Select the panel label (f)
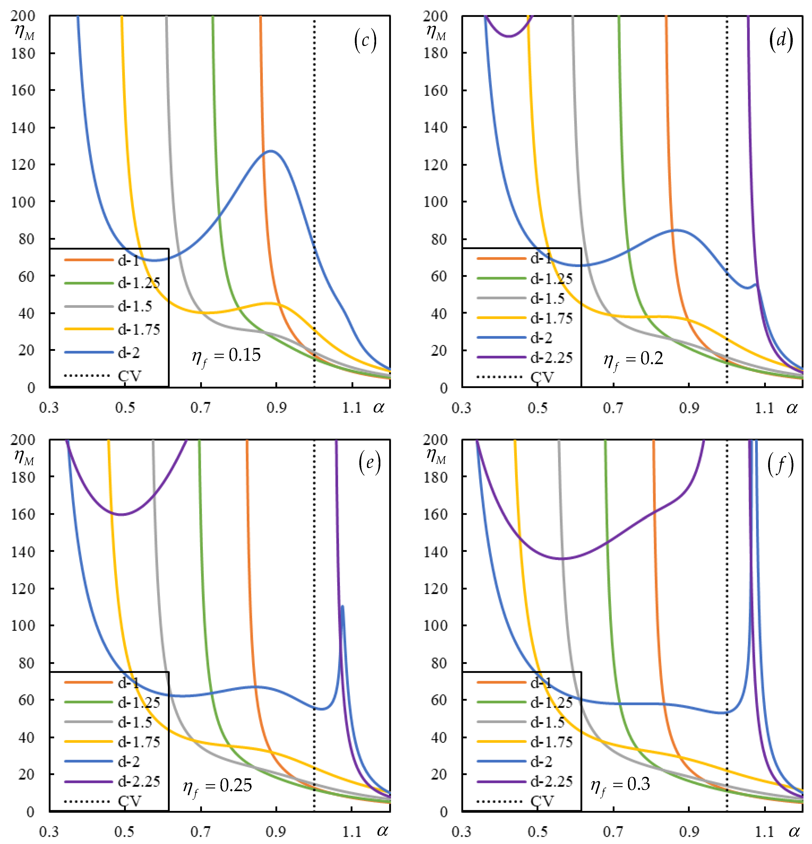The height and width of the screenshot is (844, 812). tap(780, 465)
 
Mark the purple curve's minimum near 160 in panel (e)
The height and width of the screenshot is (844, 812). tap(122, 515)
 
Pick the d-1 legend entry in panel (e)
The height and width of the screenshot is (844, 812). tap(128, 682)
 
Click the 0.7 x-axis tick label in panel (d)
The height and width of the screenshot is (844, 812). tap(613, 407)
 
